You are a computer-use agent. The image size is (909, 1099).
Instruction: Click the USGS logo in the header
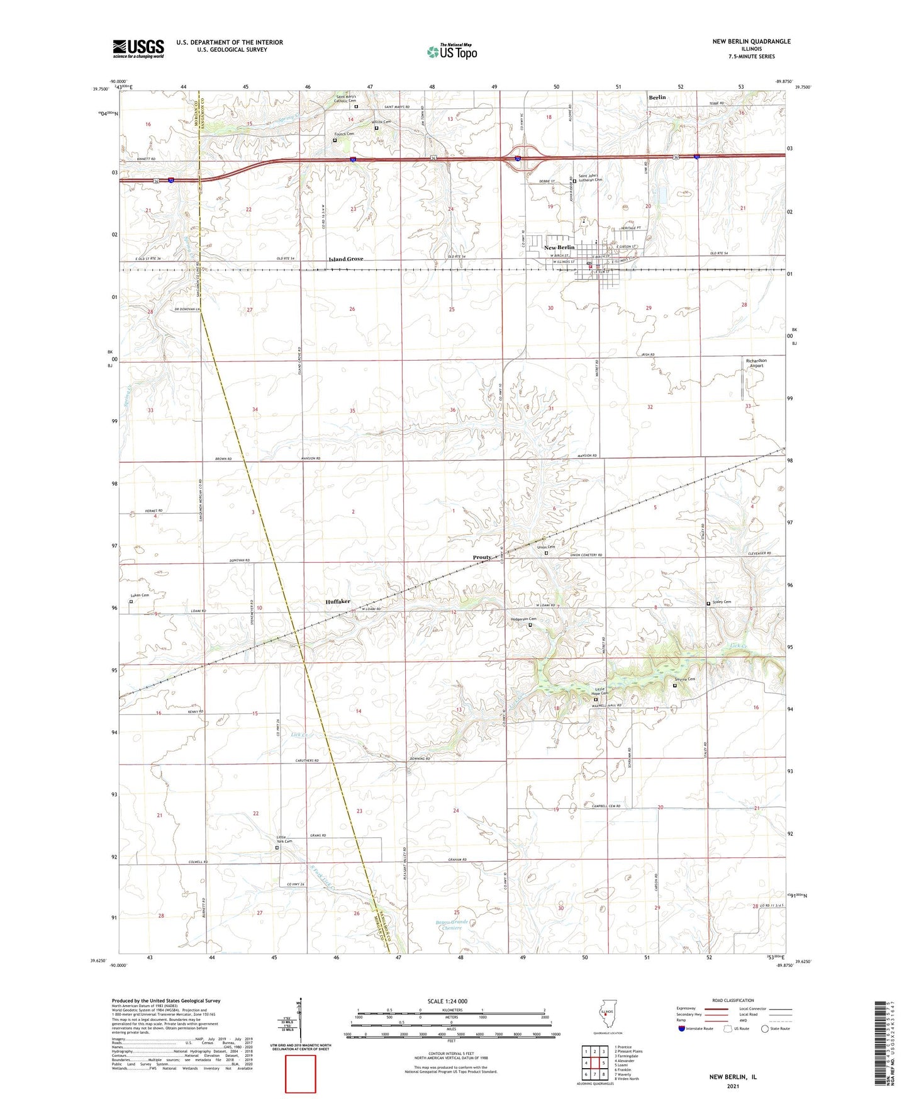(138, 48)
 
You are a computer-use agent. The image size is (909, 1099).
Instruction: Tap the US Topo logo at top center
(452, 52)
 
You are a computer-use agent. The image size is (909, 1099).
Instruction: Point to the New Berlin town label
(559, 247)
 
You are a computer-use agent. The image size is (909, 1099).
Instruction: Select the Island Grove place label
(346, 259)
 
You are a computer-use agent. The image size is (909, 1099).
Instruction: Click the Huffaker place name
(338, 602)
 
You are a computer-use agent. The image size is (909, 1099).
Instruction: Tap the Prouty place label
(482, 558)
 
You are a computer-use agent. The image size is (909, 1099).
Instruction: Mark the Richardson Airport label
(756, 363)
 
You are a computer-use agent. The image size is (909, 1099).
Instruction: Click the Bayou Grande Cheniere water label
(452, 925)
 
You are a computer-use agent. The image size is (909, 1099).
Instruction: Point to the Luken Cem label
(140, 595)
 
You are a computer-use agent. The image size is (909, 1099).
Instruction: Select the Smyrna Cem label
(684, 679)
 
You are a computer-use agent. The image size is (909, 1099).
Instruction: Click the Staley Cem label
(722, 602)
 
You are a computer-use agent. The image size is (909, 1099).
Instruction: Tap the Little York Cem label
(284, 839)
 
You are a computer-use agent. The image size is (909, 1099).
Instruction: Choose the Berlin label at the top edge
(657, 98)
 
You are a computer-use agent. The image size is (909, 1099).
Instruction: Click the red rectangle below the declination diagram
(301, 1074)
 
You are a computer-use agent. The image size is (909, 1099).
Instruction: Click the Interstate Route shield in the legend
(682, 1029)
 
